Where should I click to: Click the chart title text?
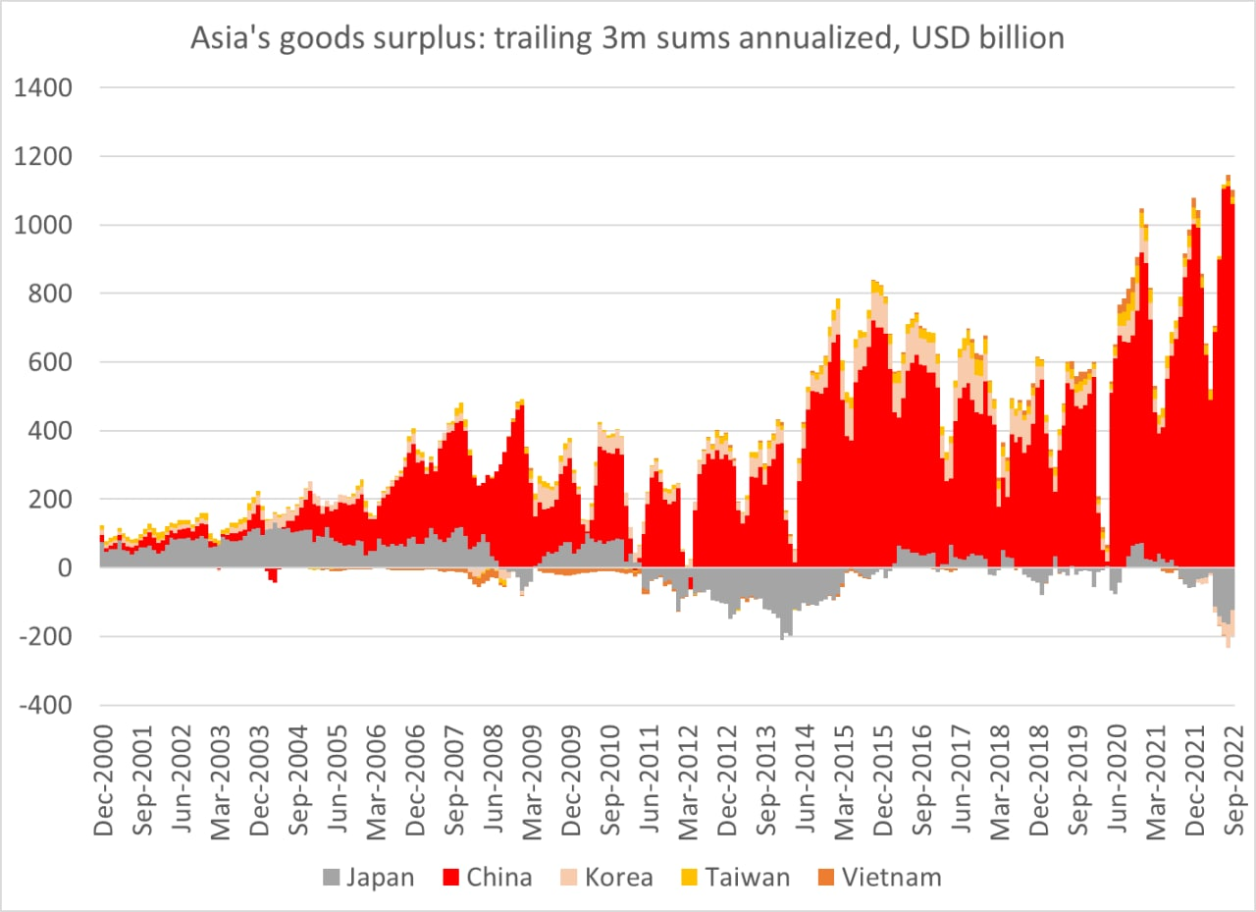point(627,38)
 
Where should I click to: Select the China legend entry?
point(487,877)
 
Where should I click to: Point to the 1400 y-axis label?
point(45,87)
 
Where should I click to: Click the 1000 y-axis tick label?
point(45,225)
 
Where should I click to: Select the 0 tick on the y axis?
point(65,568)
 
